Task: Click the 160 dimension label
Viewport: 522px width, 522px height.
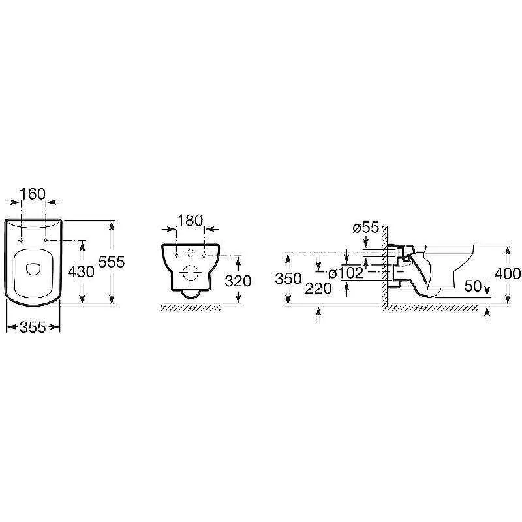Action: point(33,194)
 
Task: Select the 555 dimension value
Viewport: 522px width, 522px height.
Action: point(112,262)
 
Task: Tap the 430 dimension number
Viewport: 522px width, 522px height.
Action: point(81,272)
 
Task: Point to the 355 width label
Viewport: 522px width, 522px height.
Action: point(33,328)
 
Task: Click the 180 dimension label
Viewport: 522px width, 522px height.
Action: point(190,221)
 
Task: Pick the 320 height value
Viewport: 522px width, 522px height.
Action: point(238,281)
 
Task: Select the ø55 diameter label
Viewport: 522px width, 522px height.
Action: point(366,228)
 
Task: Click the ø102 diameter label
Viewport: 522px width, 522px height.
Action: point(346,273)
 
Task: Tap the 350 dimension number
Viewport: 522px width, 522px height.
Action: point(288,279)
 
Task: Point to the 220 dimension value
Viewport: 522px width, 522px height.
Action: point(318,288)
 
